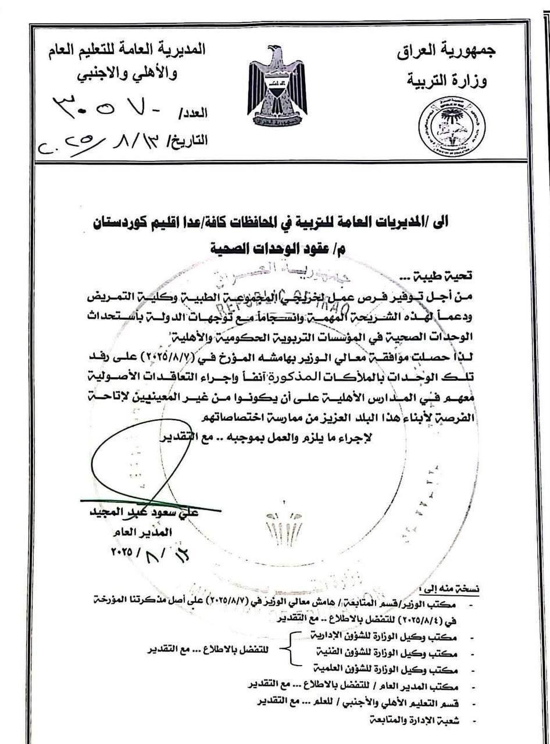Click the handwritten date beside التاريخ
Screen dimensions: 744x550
[x=87, y=139]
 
